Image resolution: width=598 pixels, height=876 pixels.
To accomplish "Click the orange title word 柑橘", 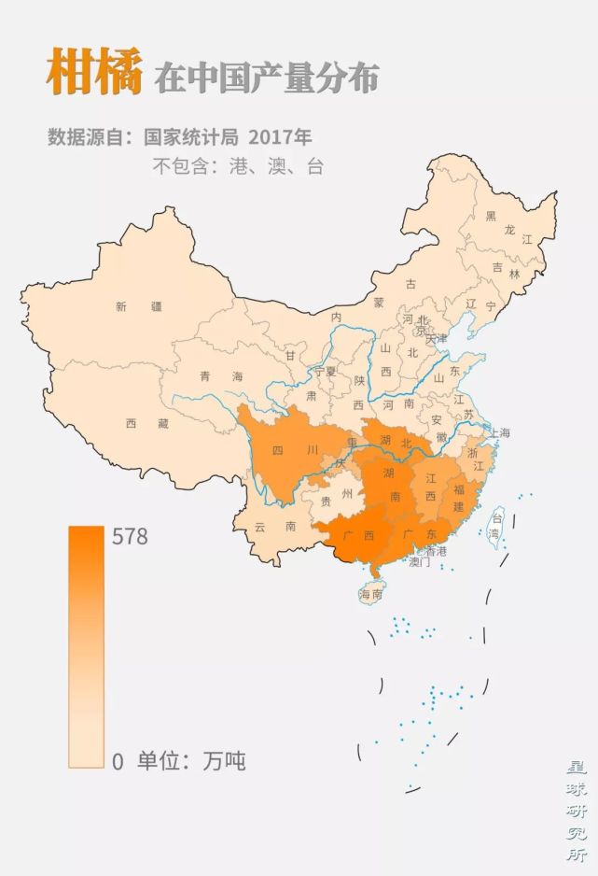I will pos(94,73).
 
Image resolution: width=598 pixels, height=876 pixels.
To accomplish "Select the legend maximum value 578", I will pos(130,537).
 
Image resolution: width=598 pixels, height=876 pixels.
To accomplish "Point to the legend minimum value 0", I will pos(118,761).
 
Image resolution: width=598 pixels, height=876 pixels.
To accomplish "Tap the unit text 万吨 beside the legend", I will pos(224,761).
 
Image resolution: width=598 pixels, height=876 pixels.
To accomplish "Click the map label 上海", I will pos(498,432).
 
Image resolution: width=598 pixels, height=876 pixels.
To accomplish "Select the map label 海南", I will pos(371,594).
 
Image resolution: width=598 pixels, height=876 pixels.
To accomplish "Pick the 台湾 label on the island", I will pos(496,526).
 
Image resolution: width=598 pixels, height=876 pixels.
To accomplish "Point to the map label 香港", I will pos(435,551).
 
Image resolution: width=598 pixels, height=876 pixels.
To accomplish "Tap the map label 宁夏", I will pos(324,371).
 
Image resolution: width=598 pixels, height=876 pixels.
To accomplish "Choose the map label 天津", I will pos(437,337).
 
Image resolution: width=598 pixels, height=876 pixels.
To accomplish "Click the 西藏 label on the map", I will pos(147,423).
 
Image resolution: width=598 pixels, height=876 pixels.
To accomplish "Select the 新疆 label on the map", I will pos(139,305).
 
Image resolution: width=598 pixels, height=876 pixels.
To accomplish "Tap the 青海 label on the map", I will pos(220,376).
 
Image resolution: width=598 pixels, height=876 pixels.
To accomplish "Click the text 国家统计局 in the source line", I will pos(191,136).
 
